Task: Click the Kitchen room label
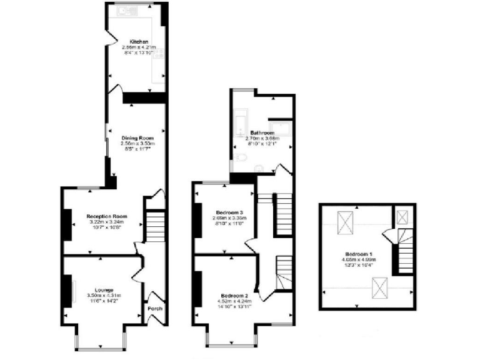138,42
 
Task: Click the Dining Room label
137,137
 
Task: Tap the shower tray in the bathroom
282,127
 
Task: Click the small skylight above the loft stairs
402,217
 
